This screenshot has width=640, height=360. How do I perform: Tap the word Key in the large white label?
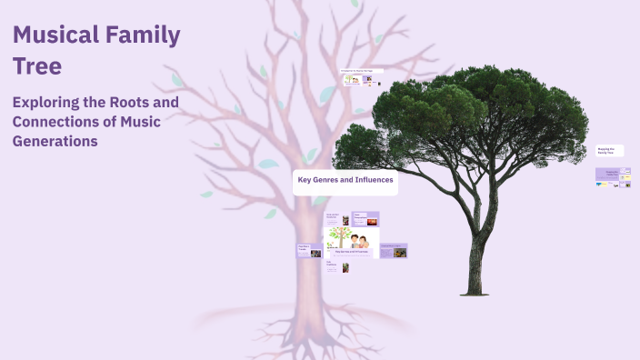(x=305, y=180)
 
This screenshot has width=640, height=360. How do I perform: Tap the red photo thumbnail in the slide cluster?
(x=370, y=220)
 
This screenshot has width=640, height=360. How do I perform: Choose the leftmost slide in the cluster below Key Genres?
(x=309, y=251)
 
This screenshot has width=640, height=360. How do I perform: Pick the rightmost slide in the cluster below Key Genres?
(x=393, y=251)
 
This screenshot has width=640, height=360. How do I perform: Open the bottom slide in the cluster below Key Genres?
(x=337, y=267)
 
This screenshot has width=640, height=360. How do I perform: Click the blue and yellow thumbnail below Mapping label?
(x=601, y=185)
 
